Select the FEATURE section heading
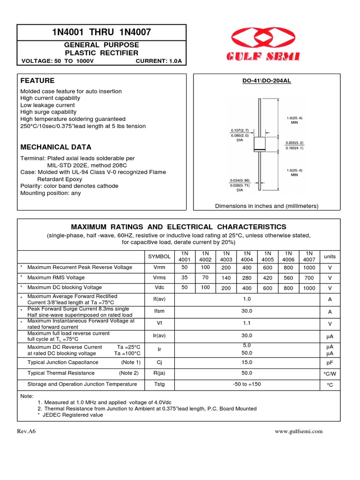tap(37, 81)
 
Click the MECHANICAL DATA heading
tap(56, 147)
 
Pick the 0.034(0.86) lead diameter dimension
tap(240, 180)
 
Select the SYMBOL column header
tap(159, 257)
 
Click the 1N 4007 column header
tap(309, 256)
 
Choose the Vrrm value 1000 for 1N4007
tap(309, 268)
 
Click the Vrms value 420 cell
tap(268, 278)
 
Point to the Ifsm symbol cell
tap(159, 311)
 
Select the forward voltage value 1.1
tap(247, 323)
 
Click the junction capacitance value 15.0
tap(247, 362)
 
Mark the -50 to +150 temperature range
tap(247, 384)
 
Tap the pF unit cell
tap(330, 363)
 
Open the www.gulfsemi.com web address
tap(299, 432)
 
